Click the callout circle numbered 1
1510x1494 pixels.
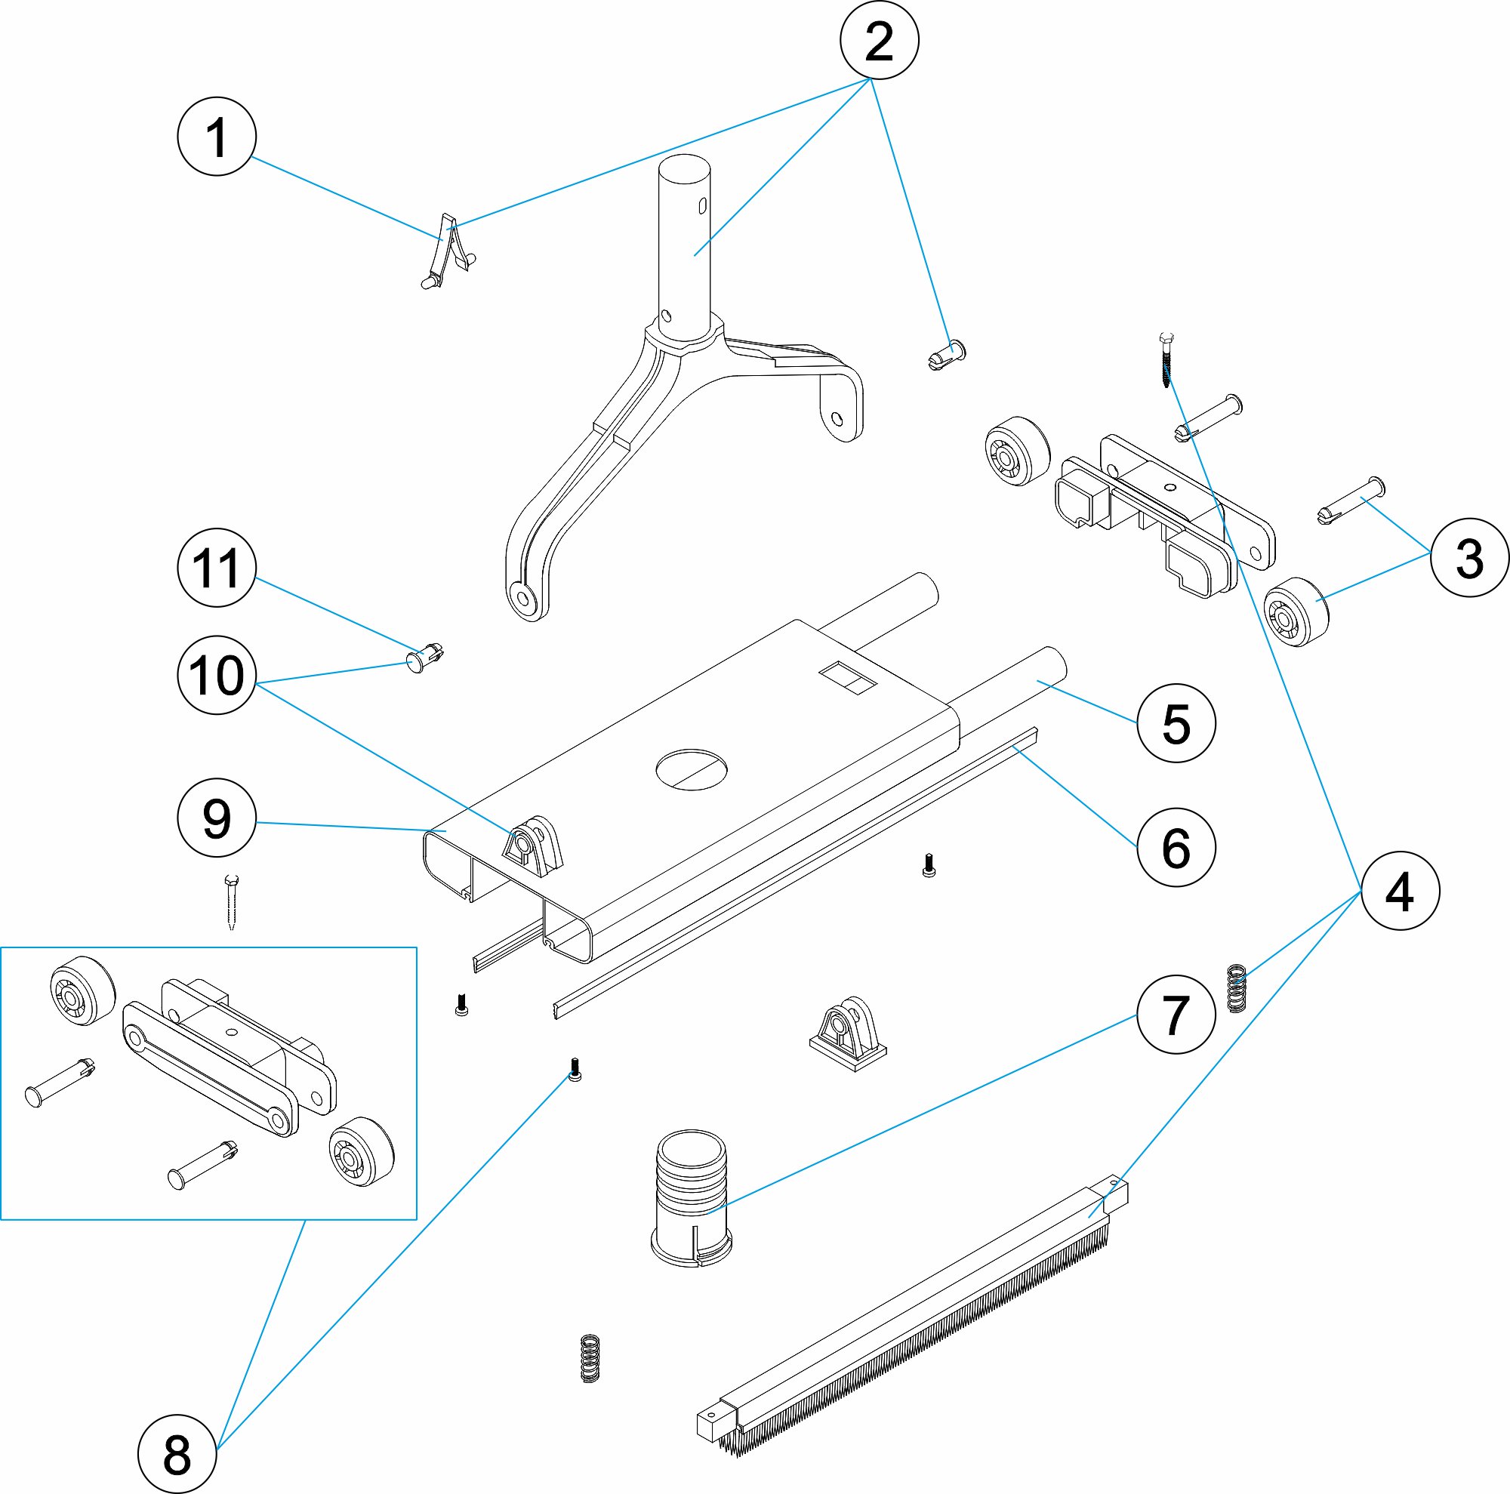pos(217,136)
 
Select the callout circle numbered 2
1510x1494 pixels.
pos(879,40)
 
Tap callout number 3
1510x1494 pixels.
pos(1469,558)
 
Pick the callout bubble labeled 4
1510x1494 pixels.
pos(1400,890)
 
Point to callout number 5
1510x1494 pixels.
pos(1176,722)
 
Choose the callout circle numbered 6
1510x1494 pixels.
pos(1176,847)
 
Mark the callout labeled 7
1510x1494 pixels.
pos(1176,1014)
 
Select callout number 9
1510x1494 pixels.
pos(217,818)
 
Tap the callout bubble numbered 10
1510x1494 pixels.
pos(217,674)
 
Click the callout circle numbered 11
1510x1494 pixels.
pos(217,567)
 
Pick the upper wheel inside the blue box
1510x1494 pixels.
pos(82,989)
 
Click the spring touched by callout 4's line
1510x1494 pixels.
pos(1236,988)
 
